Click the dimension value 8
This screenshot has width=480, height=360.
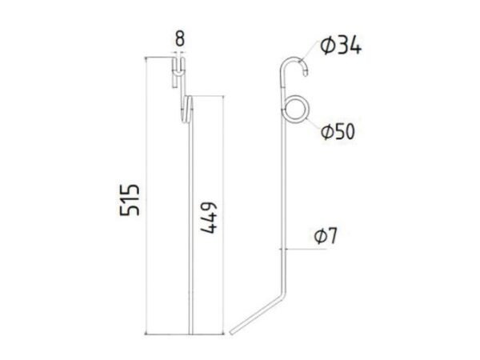click(x=180, y=38)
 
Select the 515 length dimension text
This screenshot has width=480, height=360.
click(x=130, y=200)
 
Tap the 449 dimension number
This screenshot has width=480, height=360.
click(x=209, y=218)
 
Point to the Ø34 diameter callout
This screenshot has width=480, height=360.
click(x=341, y=46)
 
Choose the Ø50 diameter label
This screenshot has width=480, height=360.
click(x=338, y=131)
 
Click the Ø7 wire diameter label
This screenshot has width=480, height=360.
click(x=326, y=236)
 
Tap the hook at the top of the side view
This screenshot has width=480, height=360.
click(x=294, y=58)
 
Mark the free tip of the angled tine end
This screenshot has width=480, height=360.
click(x=232, y=332)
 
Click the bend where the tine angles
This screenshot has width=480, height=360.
click(x=284, y=294)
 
